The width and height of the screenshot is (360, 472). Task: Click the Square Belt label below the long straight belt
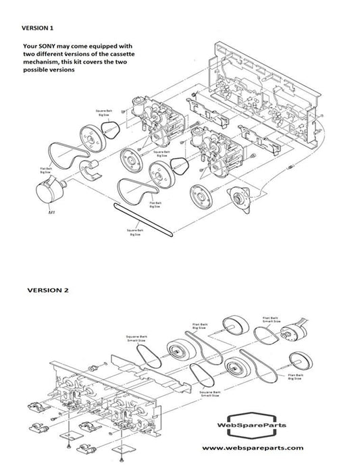pos(135,232)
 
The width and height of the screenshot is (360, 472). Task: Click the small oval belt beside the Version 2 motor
pos(266,335)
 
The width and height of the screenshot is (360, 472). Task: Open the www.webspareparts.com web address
pos(253,448)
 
